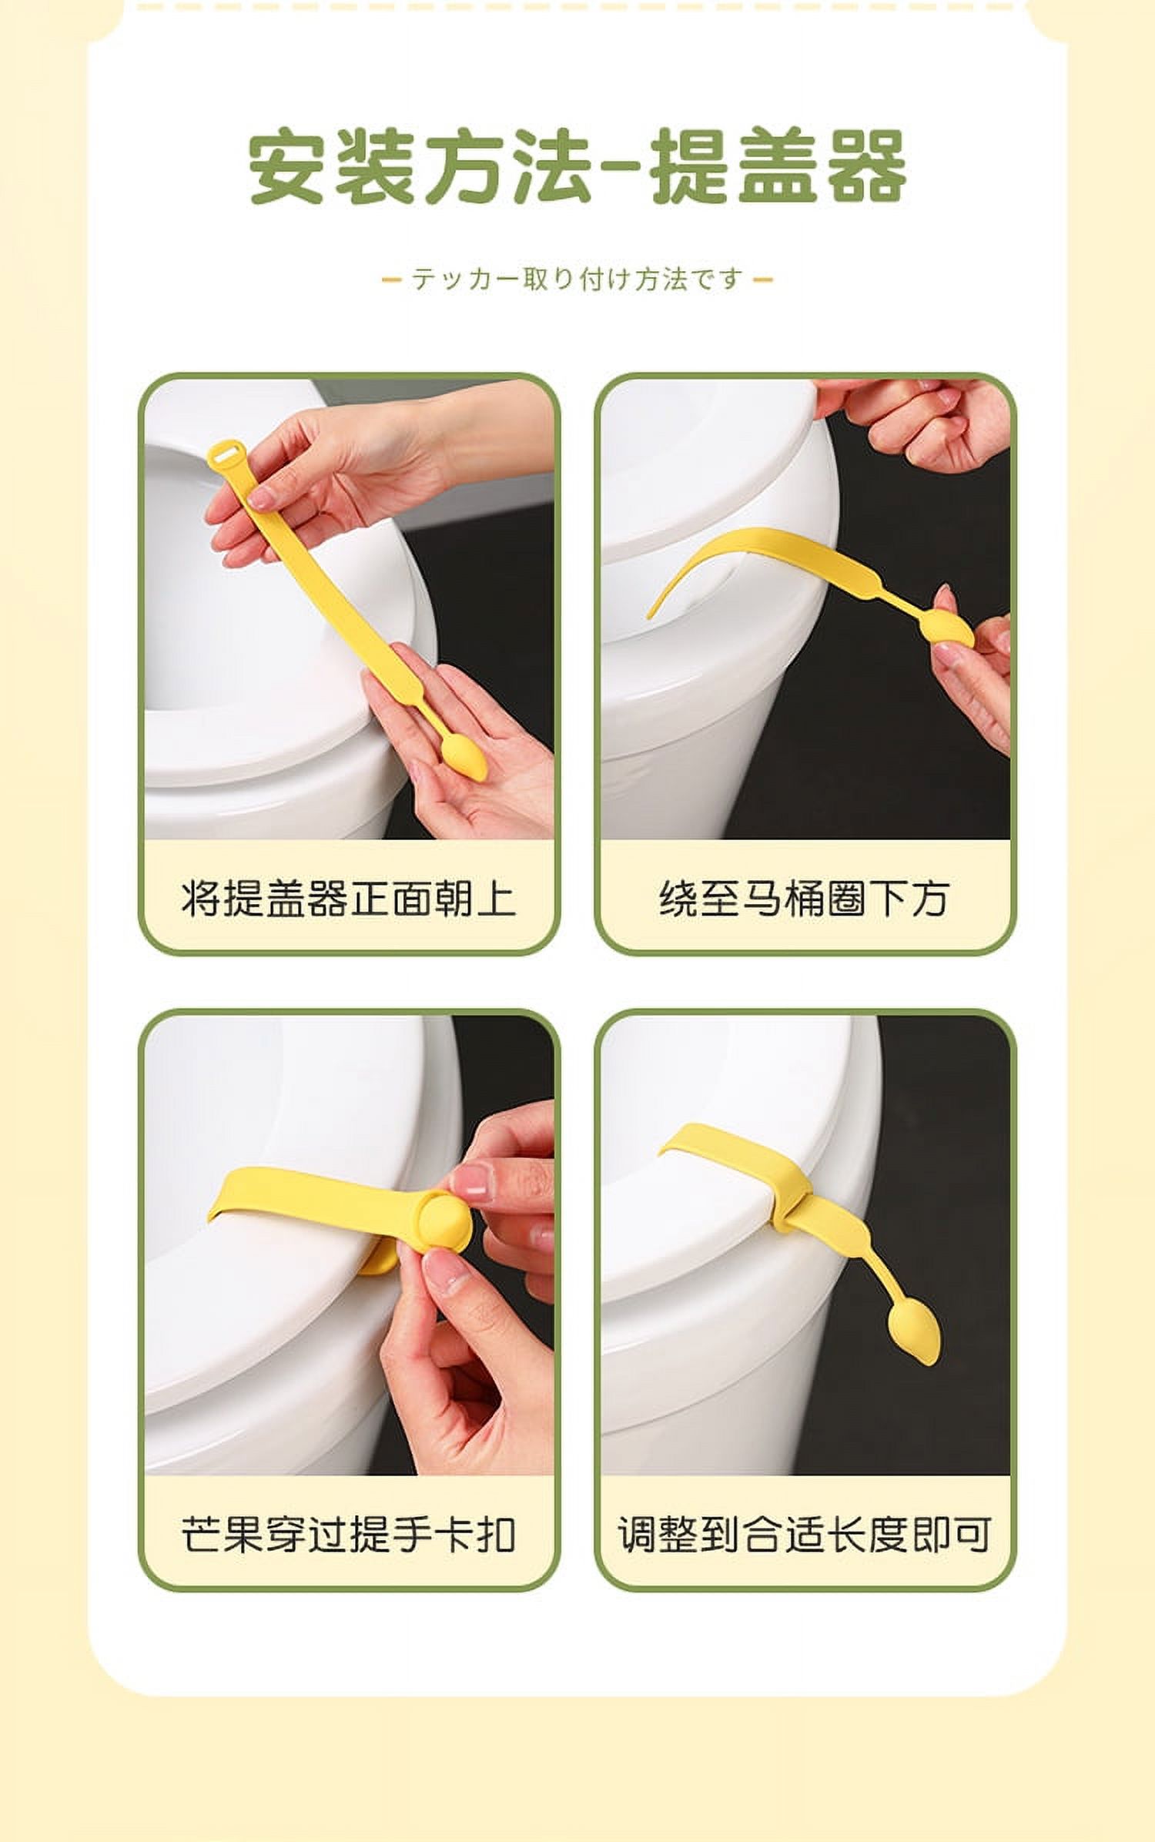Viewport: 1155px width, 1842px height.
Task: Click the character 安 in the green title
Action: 286,168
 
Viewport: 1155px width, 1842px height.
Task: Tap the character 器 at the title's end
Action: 866,168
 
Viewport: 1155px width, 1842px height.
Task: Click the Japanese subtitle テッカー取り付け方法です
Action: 577,279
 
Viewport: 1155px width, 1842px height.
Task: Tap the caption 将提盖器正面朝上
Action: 349,898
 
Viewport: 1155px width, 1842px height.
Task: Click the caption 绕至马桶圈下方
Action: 805,898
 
